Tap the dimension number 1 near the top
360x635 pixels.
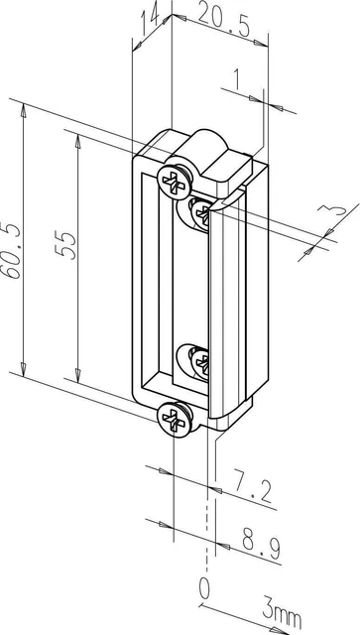click(x=236, y=79)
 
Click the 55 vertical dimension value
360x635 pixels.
click(x=65, y=246)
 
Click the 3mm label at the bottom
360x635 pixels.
click(x=283, y=614)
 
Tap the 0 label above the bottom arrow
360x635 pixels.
click(x=205, y=588)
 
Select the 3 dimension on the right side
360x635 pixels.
click(x=331, y=210)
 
